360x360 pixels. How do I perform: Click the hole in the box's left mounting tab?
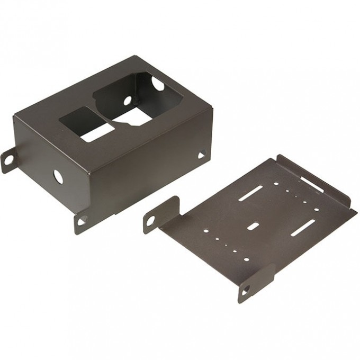[8, 157]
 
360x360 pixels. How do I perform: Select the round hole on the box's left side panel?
[58, 177]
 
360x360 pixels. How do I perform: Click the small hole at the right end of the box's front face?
[201, 155]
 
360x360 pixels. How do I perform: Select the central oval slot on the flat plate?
[254, 226]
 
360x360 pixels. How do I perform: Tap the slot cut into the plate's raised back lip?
[312, 184]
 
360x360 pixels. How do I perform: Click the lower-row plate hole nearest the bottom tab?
[245, 259]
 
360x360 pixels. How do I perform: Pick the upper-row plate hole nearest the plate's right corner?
[317, 210]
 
